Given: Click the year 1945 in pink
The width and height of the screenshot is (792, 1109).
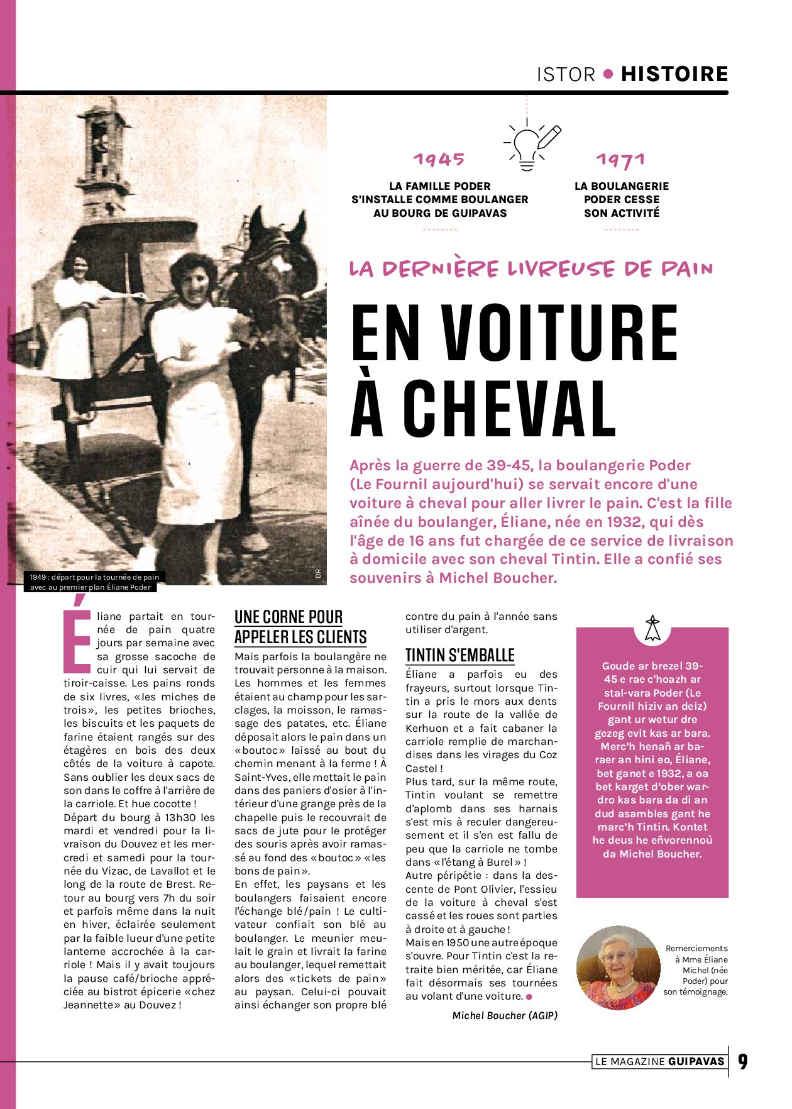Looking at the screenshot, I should tap(439, 160).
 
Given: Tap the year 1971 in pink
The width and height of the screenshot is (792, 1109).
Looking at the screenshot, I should tap(621, 160).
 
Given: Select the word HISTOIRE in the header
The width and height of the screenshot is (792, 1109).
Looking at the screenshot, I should tap(674, 74).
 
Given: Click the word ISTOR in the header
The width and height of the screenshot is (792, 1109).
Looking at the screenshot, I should tap(566, 75).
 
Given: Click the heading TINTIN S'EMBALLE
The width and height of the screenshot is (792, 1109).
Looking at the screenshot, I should tap(460, 655).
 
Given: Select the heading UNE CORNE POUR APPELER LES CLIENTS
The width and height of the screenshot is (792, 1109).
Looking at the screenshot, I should tap(300, 627).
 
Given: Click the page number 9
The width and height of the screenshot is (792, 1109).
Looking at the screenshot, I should tap(743, 1062).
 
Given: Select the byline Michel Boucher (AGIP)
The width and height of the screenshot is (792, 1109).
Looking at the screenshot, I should tap(505, 1015).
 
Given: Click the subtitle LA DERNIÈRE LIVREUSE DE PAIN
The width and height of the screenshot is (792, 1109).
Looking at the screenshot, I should tap(531, 269).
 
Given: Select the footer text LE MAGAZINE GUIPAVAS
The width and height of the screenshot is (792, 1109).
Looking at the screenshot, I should tap(660, 1062).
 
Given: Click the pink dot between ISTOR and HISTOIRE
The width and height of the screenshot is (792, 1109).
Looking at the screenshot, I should tap(608, 74).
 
